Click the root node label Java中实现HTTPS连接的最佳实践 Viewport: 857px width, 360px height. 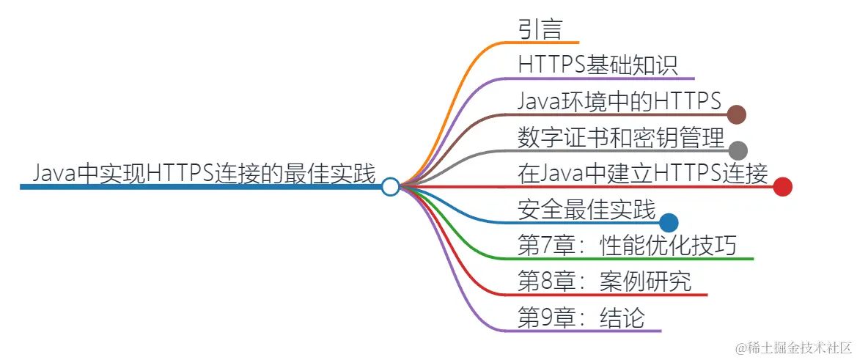204,175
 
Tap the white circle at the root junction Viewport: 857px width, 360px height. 391,187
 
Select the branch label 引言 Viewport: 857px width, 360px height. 540,29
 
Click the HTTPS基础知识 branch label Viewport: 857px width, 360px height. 597,65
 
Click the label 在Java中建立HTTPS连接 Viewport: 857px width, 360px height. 642,175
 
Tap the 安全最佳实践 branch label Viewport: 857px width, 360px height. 586,210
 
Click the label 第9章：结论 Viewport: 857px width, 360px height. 581,318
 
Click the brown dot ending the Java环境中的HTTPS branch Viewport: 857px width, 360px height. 737,114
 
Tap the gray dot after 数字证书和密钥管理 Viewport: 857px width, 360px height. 738,151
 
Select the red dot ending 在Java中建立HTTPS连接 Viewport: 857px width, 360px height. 782,187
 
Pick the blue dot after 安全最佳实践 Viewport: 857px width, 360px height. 669,223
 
